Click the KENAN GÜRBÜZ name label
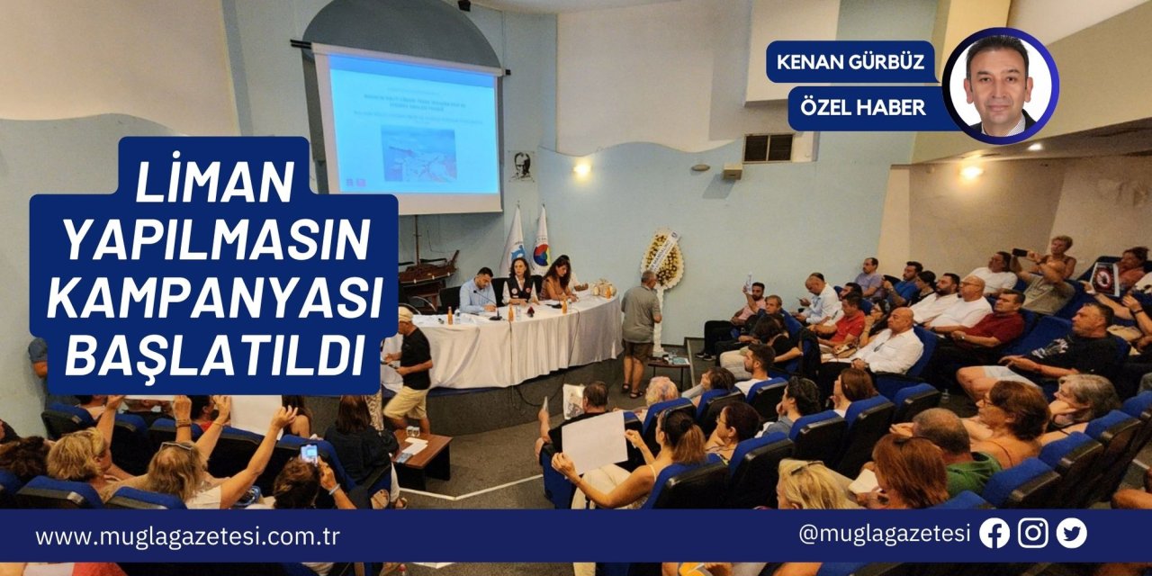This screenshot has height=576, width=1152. [851, 62]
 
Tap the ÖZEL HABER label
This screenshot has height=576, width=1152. [859, 107]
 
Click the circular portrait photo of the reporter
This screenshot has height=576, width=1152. [1000, 85]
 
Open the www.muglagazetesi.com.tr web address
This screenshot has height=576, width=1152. [187, 536]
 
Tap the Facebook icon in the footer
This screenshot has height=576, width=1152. [994, 534]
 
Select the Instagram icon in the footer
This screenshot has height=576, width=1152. [1033, 534]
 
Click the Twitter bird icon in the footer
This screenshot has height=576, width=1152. [1072, 534]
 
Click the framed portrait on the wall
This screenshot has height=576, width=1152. [521, 166]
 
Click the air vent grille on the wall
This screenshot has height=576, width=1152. [768, 148]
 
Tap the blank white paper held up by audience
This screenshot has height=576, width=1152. [593, 441]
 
